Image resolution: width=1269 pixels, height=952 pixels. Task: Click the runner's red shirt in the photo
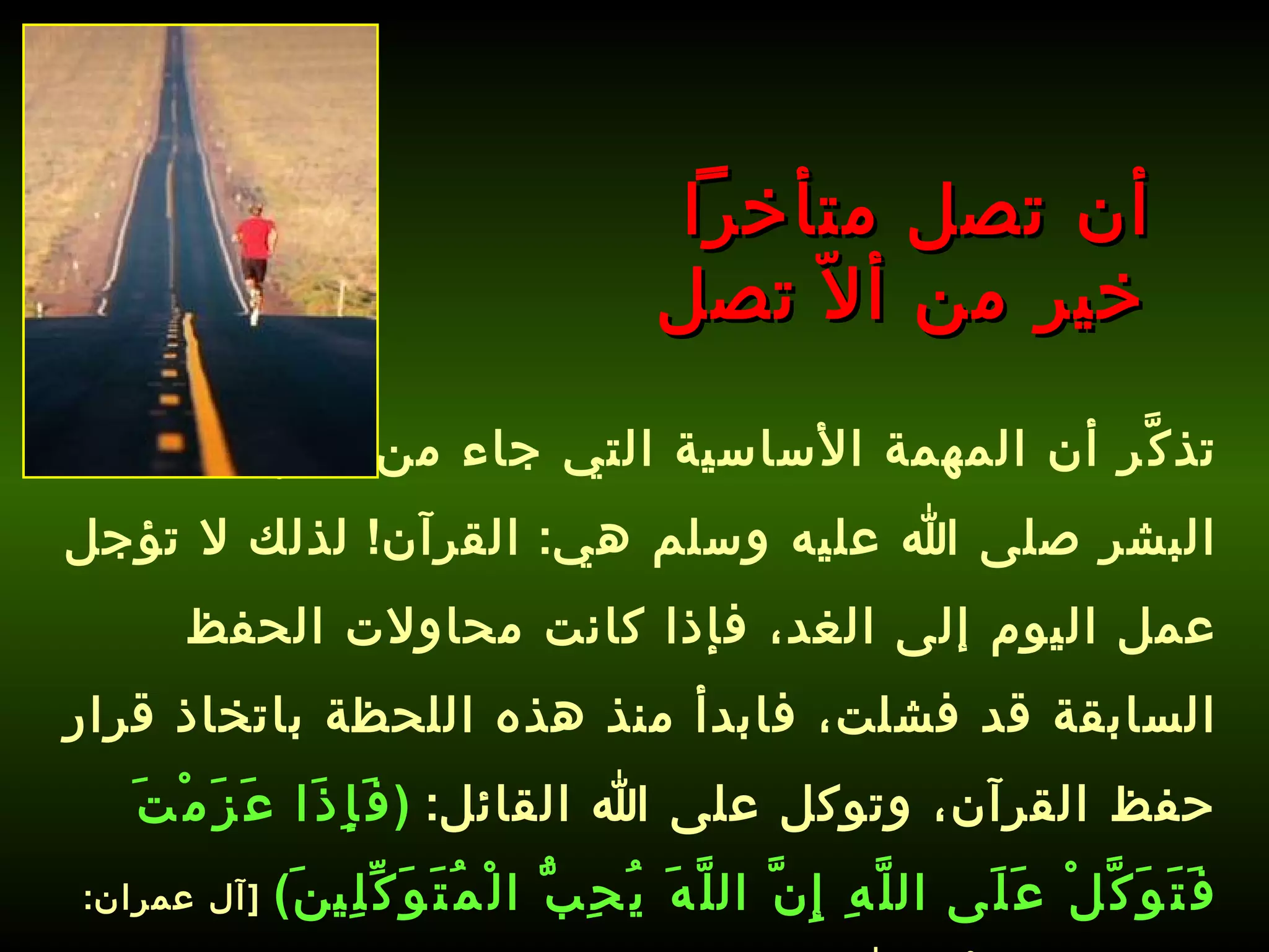point(255,237)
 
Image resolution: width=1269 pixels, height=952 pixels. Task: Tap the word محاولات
point(434,627)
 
